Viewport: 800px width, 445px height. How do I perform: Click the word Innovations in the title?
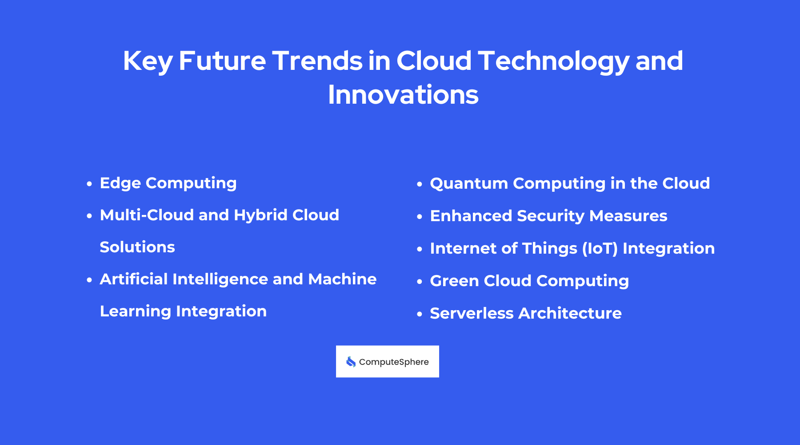403,95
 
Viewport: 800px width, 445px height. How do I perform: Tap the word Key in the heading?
147,61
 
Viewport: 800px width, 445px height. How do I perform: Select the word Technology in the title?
553,61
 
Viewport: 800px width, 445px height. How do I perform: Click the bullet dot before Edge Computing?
89,183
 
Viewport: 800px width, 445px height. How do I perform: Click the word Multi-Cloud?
147,215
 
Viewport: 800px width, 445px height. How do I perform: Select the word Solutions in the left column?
137,247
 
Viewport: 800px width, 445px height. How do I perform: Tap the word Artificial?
133,279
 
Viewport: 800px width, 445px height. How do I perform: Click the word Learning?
135,311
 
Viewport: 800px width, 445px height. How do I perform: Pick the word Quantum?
468,183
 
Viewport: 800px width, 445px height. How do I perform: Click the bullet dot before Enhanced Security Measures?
419,217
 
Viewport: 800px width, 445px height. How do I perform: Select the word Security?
550,216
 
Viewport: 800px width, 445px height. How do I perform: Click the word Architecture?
570,313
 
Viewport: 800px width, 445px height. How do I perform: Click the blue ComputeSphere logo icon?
351,362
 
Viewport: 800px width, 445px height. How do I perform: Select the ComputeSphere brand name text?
394,362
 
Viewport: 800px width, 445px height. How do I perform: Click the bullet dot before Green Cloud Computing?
419,282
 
